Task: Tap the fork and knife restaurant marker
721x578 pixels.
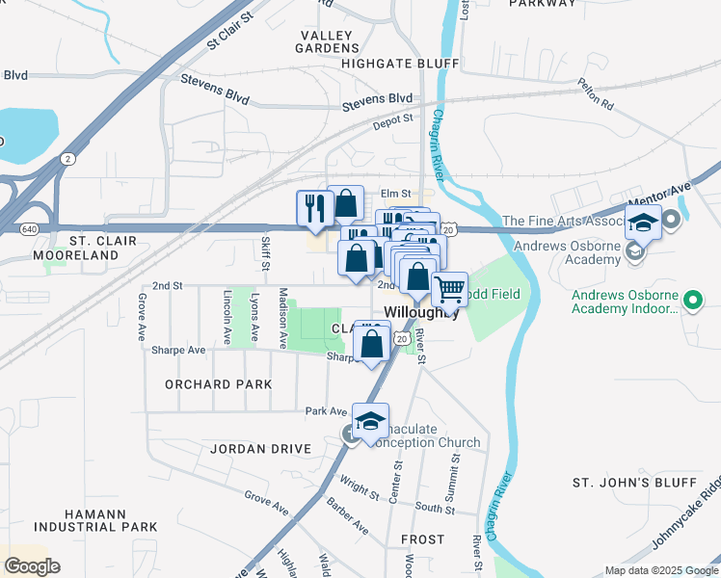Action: pos(314,206)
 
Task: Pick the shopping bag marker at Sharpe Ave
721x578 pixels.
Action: pos(372,341)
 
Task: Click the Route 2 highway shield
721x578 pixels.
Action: pos(67,158)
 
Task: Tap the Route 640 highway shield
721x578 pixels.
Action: pos(29,228)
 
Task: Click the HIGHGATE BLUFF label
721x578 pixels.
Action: pos(399,64)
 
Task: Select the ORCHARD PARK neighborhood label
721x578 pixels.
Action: pos(218,383)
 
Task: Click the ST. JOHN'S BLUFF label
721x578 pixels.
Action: pos(633,482)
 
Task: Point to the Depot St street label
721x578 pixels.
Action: pos(393,118)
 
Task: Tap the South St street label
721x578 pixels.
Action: pos(435,507)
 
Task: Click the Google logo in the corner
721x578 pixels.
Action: pos(32,566)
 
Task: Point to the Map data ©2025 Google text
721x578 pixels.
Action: pos(660,570)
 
